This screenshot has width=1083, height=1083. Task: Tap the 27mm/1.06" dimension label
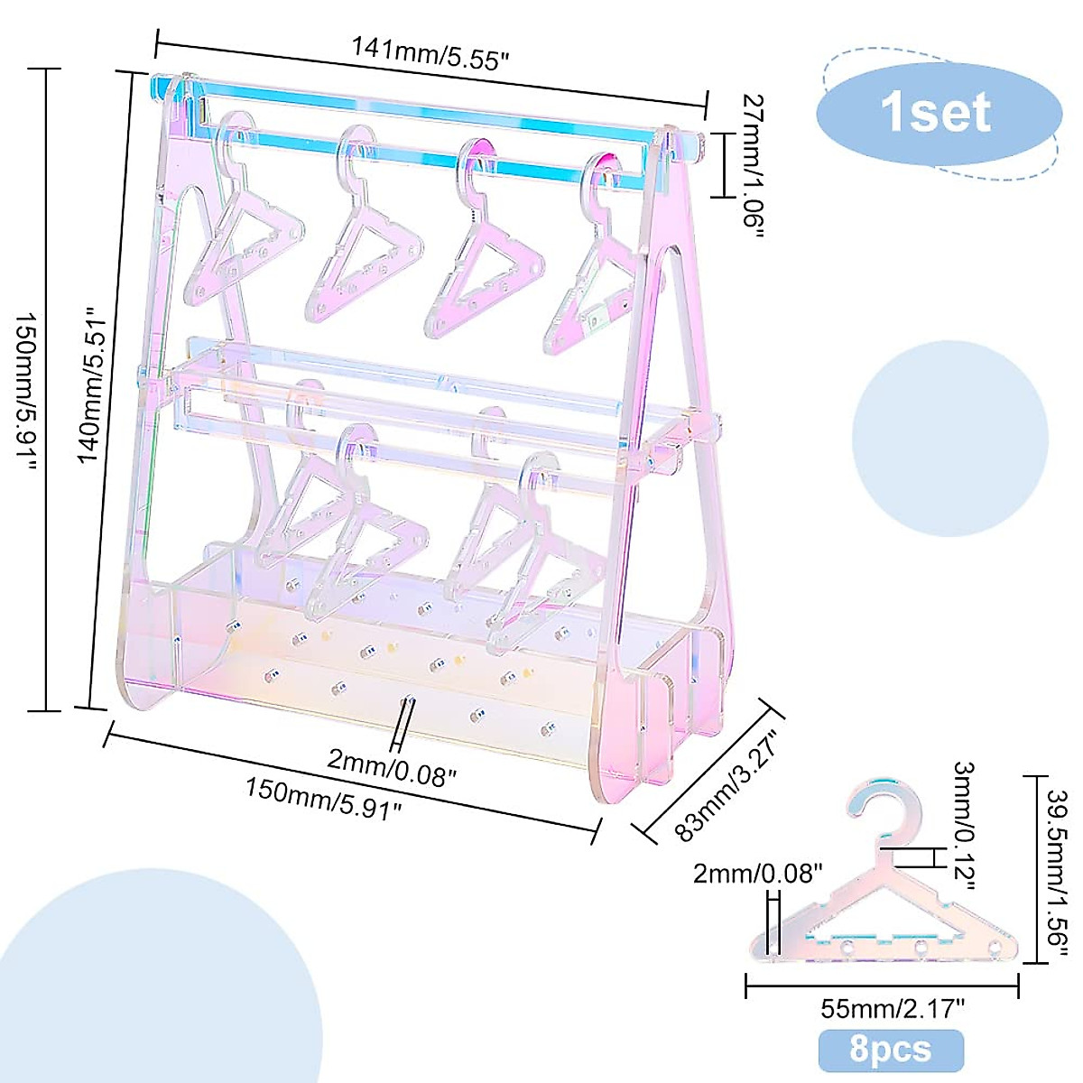point(753,165)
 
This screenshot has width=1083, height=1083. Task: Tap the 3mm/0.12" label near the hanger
point(964,823)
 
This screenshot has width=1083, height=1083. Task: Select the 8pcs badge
point(890,1050)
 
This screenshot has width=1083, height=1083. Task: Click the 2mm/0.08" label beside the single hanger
point(758,873)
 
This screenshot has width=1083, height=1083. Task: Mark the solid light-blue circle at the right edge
point(949,439)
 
